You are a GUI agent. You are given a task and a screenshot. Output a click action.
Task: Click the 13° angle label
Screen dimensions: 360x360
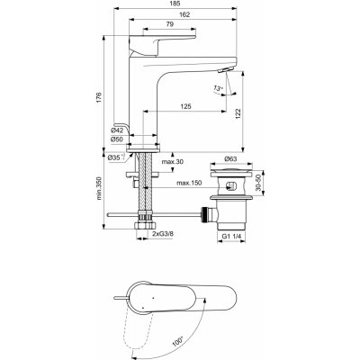coord(219,88)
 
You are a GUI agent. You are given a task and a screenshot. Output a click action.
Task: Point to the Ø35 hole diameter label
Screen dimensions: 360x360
coord(115,158)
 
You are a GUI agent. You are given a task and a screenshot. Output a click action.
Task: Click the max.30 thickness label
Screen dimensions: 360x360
coord(172,161)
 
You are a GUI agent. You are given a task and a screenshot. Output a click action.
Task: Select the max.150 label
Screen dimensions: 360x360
coord(189,184)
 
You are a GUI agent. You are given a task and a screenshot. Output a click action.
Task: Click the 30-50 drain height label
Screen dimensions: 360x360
coord(261,183)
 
